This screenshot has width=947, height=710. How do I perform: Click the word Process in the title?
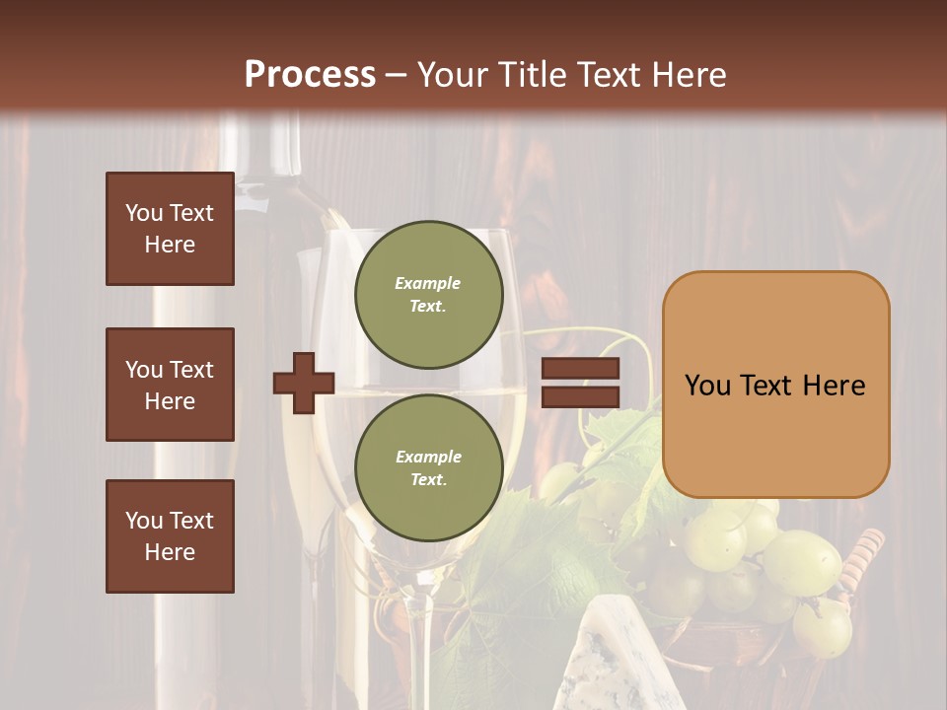coord(310,75)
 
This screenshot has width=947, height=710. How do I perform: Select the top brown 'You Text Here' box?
coord(170,229)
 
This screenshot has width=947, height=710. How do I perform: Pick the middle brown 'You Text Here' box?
coord(170,385)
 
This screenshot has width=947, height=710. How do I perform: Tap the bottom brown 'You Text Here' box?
coord(170,536)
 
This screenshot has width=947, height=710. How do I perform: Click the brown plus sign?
coord(304,383)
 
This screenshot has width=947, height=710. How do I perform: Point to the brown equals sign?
coord(580,383)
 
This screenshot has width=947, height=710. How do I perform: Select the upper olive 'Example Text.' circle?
coord(428,294)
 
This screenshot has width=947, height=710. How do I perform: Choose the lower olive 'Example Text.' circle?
coord(428,467)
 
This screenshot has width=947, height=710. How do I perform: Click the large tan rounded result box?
coord(775,385)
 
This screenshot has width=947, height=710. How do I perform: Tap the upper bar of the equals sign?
coord(580,368)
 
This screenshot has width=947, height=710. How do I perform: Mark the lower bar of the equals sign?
coord(580,396)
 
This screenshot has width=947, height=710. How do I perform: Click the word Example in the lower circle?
coord(428,457)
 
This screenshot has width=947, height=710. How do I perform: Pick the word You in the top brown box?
coord(143,213)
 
